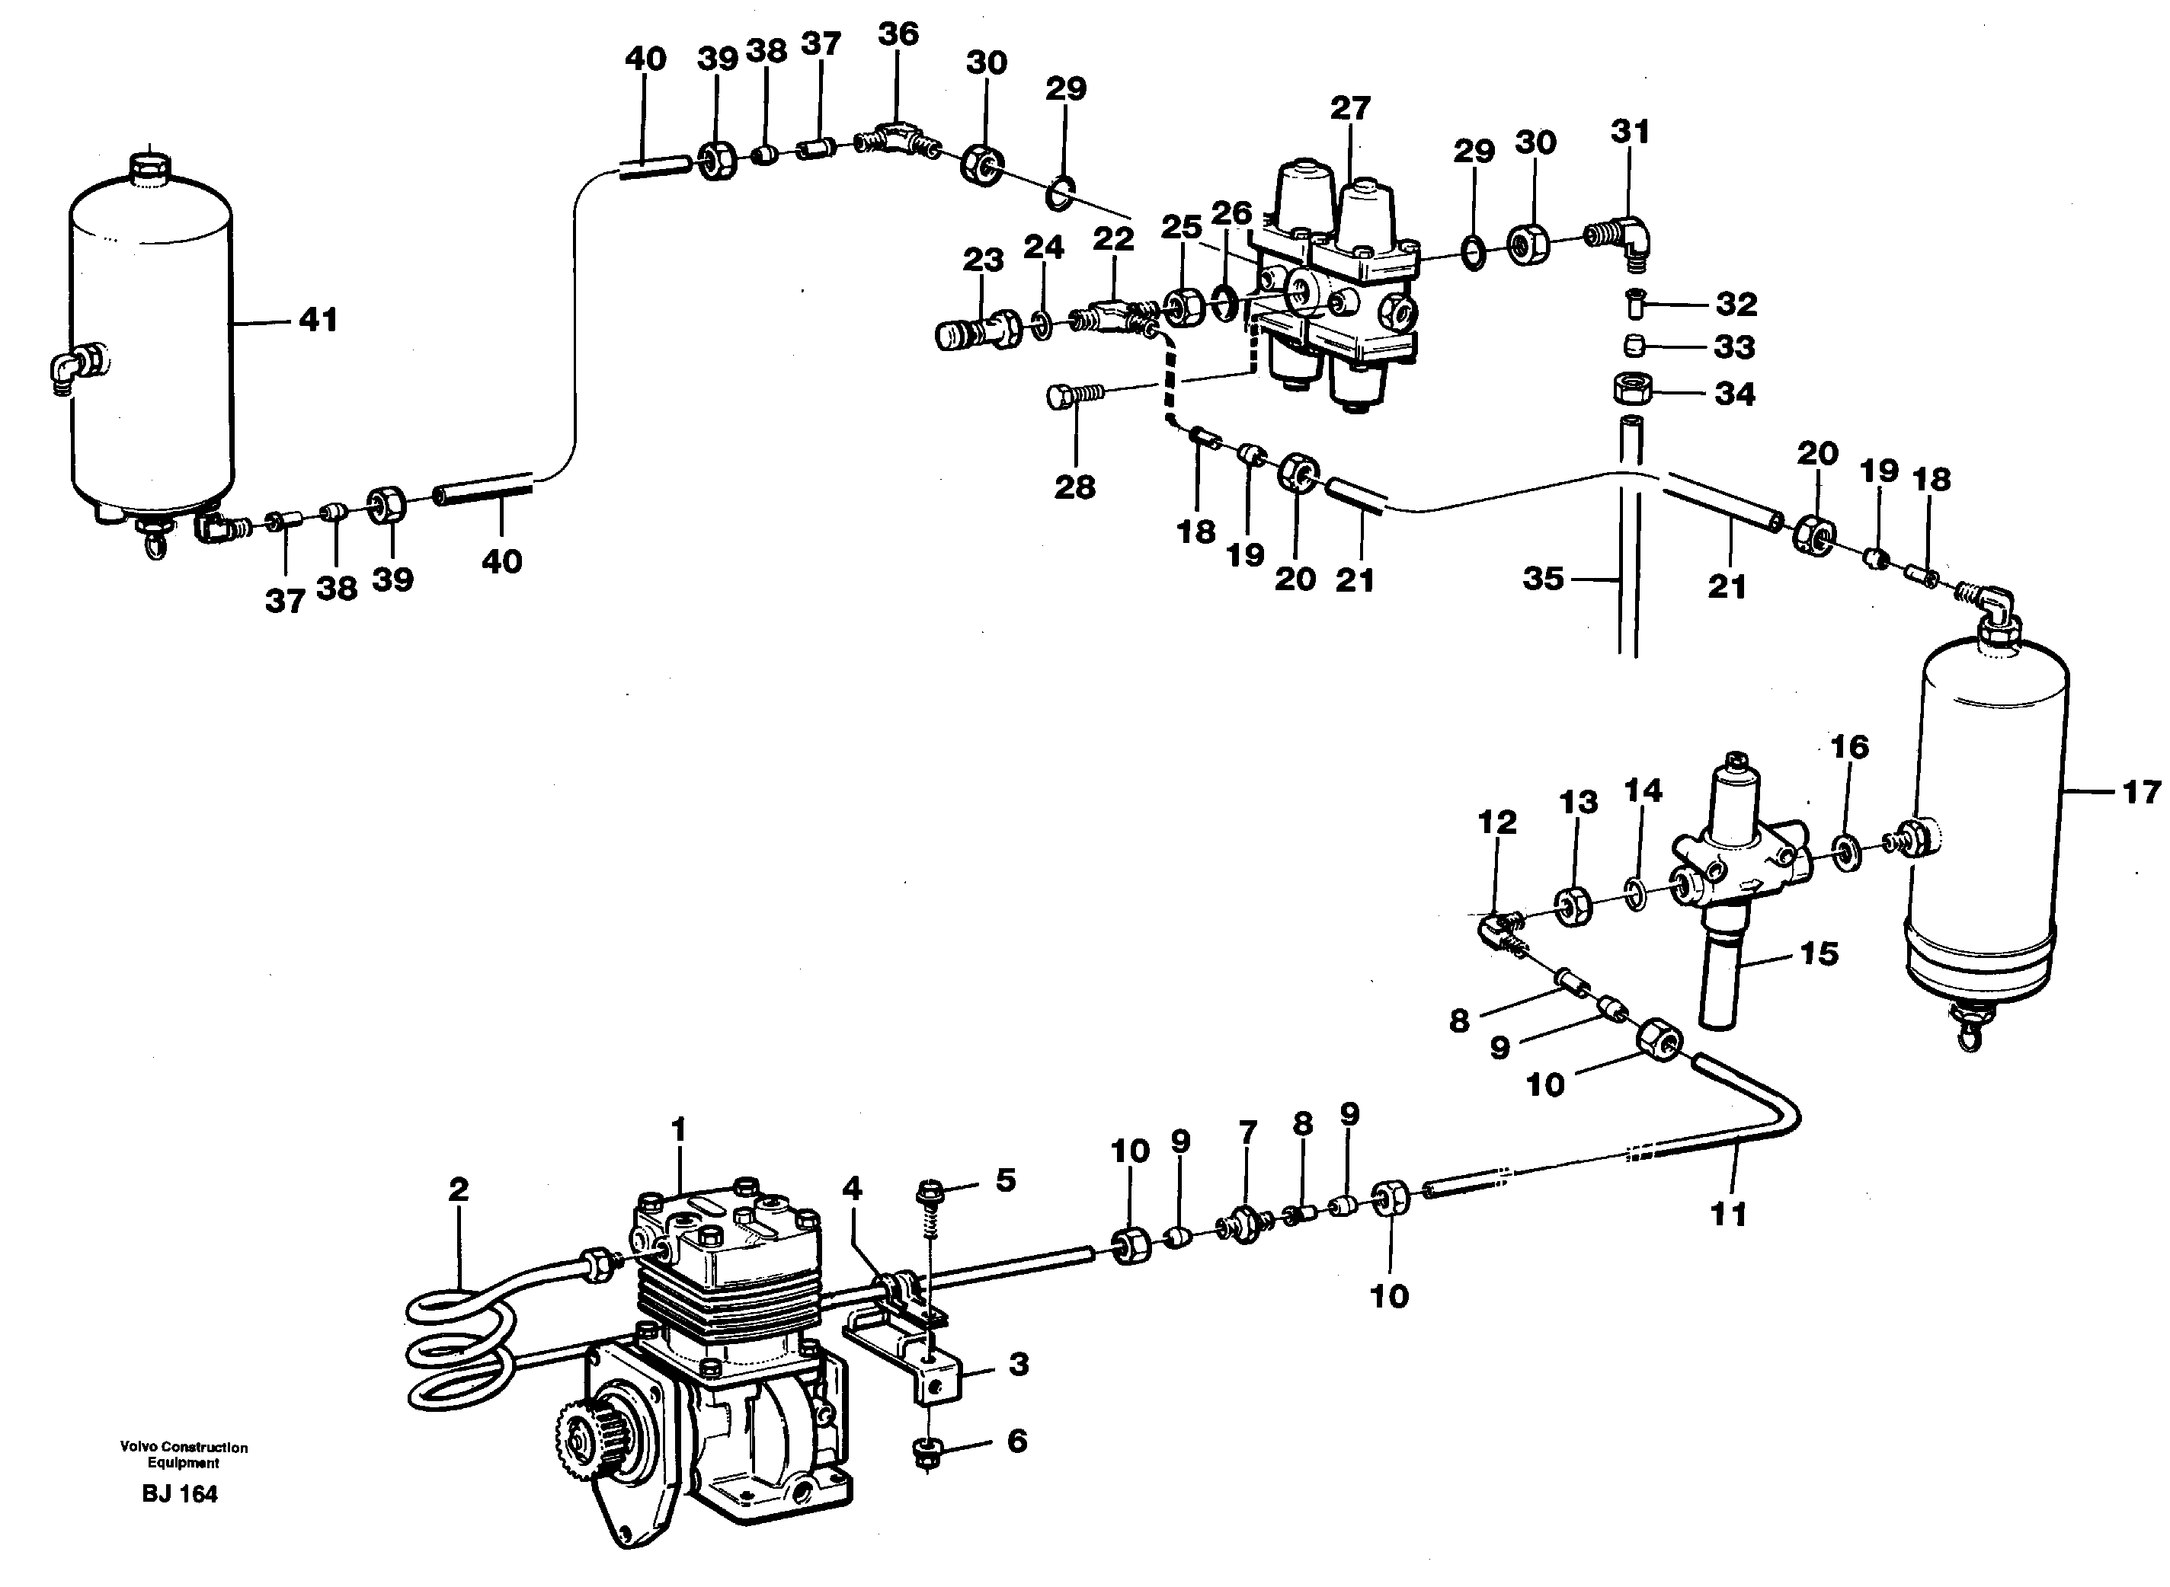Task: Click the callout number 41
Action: [318, 320]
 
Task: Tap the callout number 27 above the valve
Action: [1349, 109]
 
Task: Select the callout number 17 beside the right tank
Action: [2141, 793]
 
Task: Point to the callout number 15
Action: [1818, 954]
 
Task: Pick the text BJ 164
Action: [180, 1495]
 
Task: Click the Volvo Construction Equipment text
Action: [184, 1455]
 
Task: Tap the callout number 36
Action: [898, 34]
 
